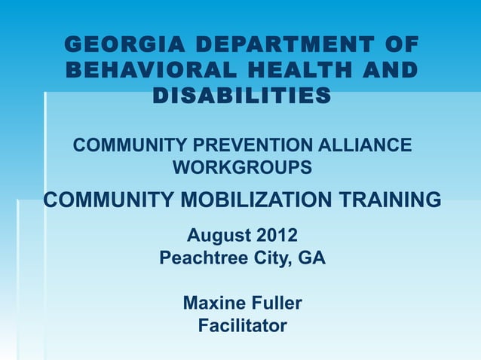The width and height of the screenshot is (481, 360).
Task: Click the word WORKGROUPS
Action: pos(242,167)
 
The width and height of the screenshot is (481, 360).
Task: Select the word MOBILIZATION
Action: pos(253,200)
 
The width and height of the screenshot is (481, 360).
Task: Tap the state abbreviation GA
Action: pos(311,258)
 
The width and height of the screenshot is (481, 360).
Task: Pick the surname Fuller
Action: pos(275,304)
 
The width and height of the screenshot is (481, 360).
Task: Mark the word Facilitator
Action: pos(242,326)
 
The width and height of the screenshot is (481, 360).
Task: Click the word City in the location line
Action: pos(267,258)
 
